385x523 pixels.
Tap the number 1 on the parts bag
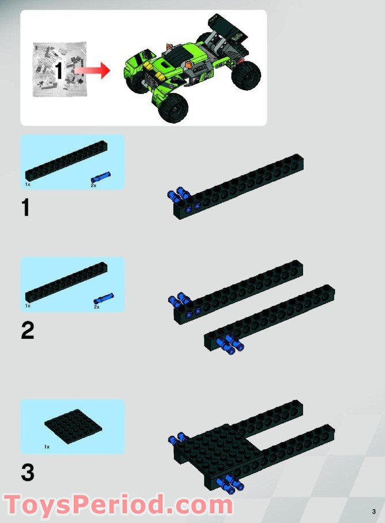pyautogui.click(x=58, y=71)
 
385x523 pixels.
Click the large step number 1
pyautogui.click(x=25, y=207)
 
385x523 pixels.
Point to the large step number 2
pyautogui.click(x=27, y=331)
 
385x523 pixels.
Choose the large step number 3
pyautogui.click(x=27, y=473)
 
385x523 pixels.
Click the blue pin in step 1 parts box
pyautogui.click(x=100, y=176)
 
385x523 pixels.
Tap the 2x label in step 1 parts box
pyautogui.click(x=93, y=185)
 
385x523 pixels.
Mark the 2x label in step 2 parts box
pyautogui.click(x=96, y=307)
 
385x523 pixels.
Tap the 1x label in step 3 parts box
pyautogui.click(x=47, y=447)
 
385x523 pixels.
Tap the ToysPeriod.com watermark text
pyautogui.click(x=118, y=505)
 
